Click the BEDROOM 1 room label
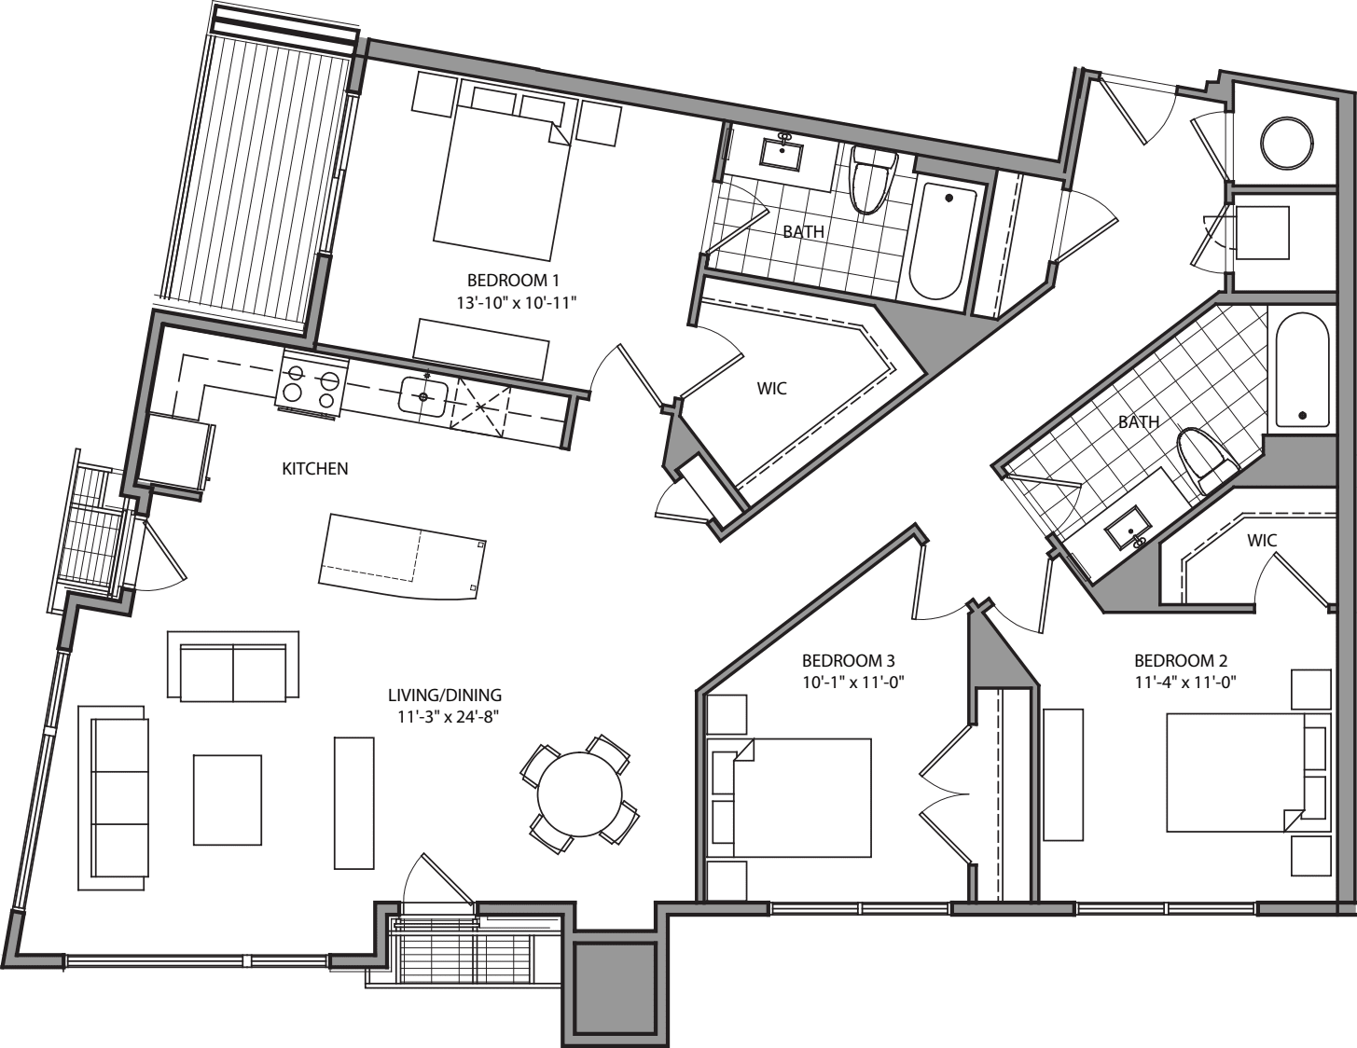[512, 280]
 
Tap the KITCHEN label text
[315, 469]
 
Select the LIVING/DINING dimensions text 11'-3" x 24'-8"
[445, 716]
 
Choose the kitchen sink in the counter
[423, 396]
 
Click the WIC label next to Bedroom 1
[771, 388]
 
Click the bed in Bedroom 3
[802, 797]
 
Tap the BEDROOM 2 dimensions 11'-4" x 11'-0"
[1184, 682]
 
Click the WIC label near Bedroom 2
[1261, 541]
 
